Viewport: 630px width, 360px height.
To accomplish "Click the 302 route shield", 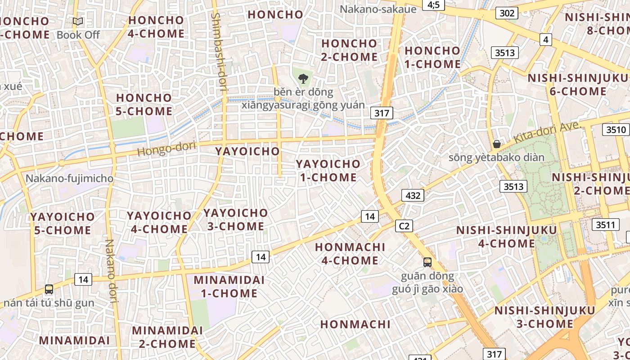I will click(507, 13).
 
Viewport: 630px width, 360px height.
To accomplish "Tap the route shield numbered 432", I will click(413, 195).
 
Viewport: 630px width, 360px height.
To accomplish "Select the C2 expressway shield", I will click(404, 226).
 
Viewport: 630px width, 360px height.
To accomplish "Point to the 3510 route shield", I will click(616, 130).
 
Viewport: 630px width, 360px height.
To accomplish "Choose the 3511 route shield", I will click(605, 225).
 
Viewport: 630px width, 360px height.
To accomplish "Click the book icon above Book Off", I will click(78, 21).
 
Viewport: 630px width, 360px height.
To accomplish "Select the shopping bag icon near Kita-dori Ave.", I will click(497, 144).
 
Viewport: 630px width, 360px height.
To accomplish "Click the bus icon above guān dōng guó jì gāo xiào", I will click(427, 262).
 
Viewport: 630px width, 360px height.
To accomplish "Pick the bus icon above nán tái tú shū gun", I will click(49, 289).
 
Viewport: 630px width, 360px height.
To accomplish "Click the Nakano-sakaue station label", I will click(371, 9).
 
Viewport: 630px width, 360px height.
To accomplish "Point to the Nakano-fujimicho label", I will click(69, 178).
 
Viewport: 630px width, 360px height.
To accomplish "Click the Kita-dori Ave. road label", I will click(545, 133).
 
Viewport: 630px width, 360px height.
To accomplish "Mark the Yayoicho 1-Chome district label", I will click(328, 171).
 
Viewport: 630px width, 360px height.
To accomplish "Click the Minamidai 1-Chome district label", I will click(229, 287).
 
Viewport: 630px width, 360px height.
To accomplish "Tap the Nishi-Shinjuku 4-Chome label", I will click(506, 237).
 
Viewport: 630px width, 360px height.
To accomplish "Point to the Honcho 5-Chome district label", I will click(144, 104).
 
